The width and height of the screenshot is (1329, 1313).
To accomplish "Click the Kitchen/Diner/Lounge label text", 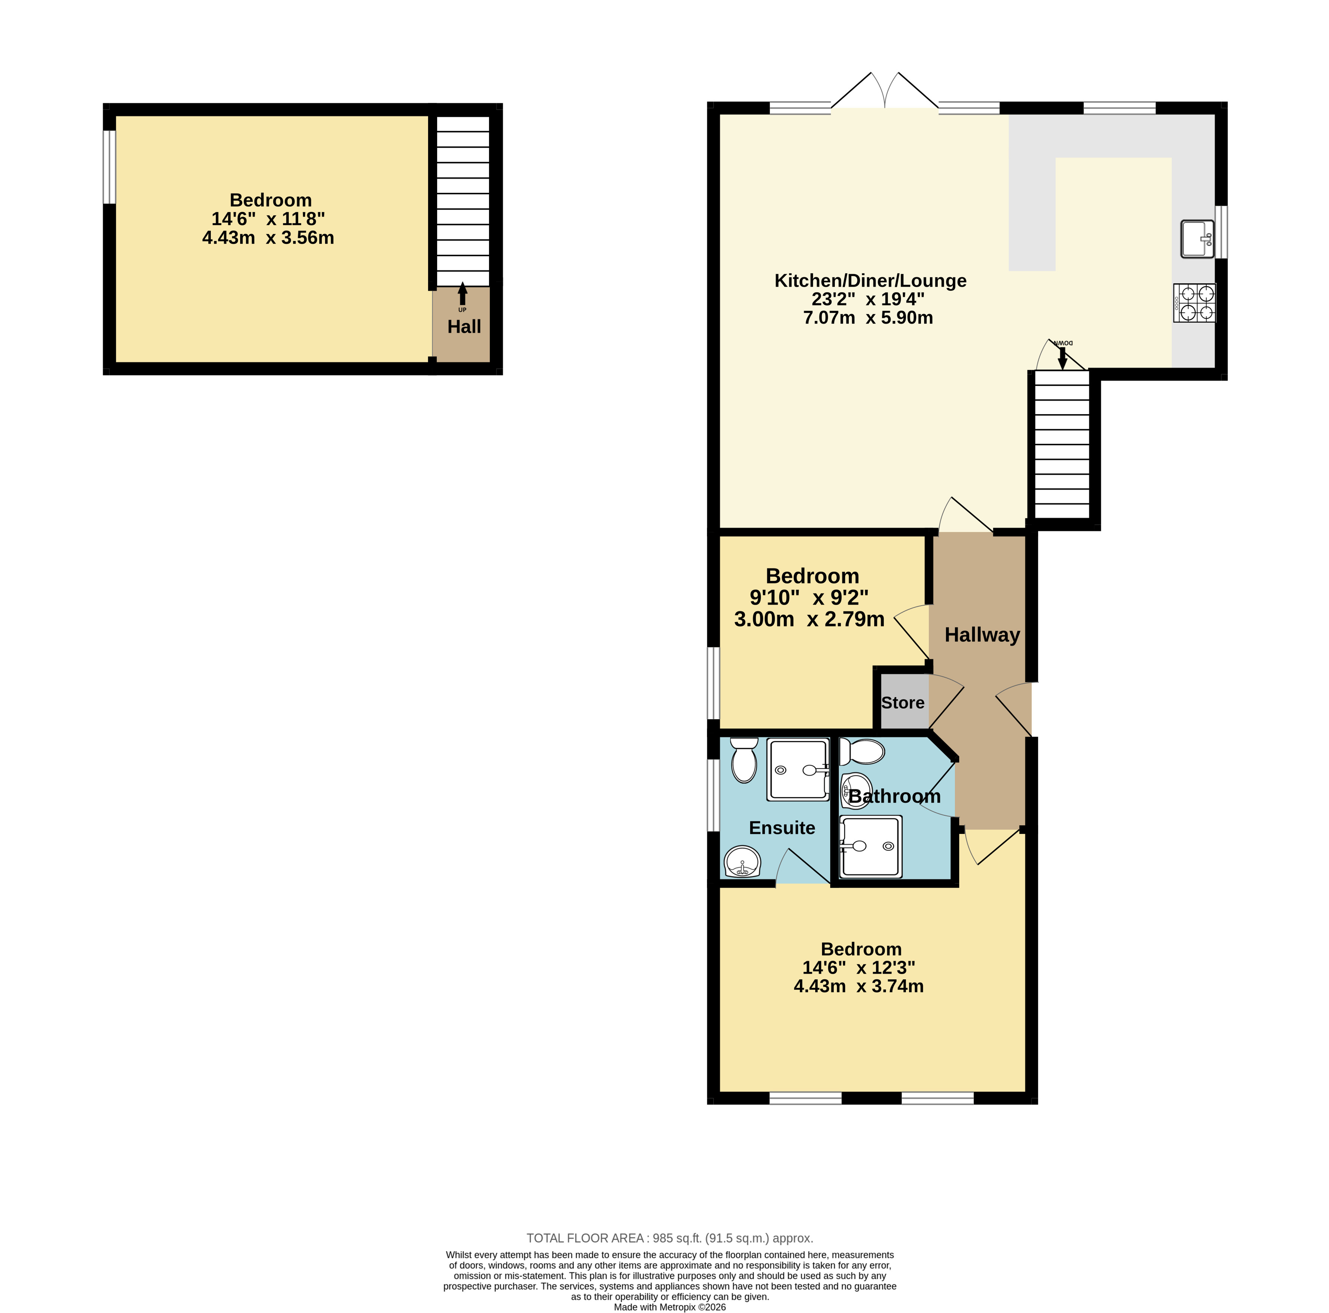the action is click(870, 281).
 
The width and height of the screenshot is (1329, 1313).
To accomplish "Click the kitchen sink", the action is click(1197, 239).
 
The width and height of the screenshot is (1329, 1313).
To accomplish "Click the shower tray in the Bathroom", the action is click(870, 847).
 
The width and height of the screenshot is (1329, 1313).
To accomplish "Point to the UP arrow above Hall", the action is click(462, 294).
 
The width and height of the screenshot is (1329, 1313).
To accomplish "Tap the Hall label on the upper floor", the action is click(464, 327).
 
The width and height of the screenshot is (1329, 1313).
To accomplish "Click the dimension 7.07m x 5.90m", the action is click(868, 318).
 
